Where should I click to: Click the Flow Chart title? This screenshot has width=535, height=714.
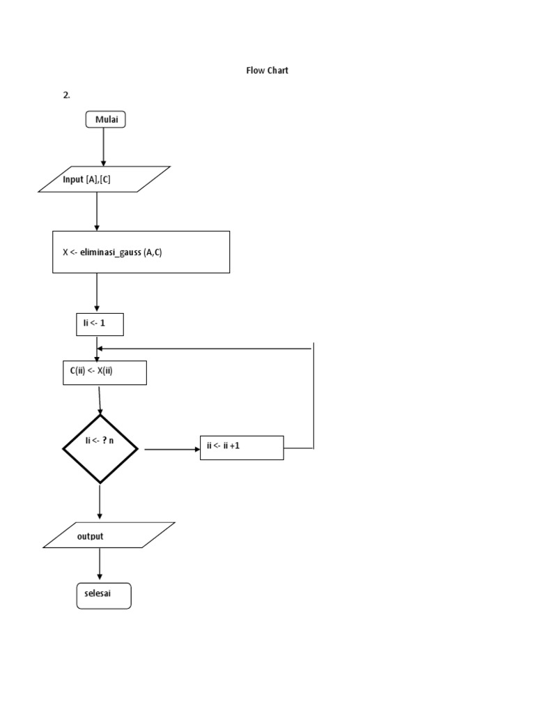tap(267, 70)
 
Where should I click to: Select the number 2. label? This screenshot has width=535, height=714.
tap(66, 96)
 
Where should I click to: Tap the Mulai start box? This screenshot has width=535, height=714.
tap(106, 120)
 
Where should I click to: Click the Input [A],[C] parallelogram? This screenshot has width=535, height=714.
tap(104, 179)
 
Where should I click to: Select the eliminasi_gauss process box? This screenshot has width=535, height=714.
tap(141, 252)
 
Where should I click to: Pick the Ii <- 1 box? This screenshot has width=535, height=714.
tap(100, 324)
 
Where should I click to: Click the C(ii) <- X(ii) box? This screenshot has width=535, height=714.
tap(104, 372)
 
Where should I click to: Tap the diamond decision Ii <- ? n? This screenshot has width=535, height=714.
tap(100, 448)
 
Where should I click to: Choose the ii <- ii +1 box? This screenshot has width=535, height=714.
tap(242, 447)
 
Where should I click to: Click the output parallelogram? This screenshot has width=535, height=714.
tap(109, 535)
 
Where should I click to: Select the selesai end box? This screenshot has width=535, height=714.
tap(103, 595)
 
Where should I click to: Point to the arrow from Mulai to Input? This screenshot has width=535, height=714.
tap(104, 146)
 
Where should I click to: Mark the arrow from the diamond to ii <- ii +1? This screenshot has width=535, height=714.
tap(171, 449)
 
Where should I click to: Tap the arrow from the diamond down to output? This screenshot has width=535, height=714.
tap(100, 502)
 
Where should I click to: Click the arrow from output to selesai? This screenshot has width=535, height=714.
tap(100, 565)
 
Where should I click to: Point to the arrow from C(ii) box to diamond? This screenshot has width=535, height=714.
tap(100, 400)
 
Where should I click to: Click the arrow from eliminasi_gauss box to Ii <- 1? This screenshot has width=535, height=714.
tap(97, 293)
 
